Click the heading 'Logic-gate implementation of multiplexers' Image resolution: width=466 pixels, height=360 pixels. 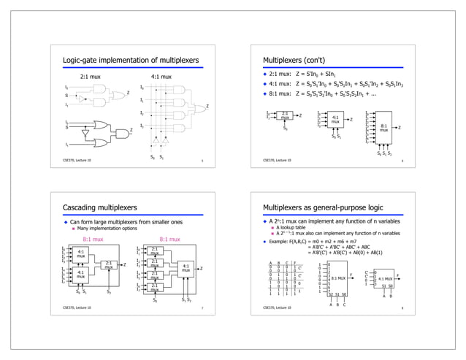click(x=128, y=59)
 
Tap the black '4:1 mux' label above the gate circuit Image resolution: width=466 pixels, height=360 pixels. click(x=160, y=76)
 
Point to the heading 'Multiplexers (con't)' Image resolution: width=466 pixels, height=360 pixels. click(x=293, y=59)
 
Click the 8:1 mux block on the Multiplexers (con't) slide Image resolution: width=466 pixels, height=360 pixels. click(x=383, y=127)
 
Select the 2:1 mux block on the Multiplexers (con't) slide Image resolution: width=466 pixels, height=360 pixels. click(x=286, y=115)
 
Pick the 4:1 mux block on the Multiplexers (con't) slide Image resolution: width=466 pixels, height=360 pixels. click(x=335, y=119)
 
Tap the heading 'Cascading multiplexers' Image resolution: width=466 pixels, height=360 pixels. click(x=105, y=207)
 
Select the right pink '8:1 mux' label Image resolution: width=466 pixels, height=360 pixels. click(x=169, y=239)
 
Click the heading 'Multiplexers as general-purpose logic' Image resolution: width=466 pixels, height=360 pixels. click(x=322, y=207)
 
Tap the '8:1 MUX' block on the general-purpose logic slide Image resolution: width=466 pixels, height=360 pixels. click(x=337, y=278)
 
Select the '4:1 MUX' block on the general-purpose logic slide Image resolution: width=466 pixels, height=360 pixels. click(x=384, y=278)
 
